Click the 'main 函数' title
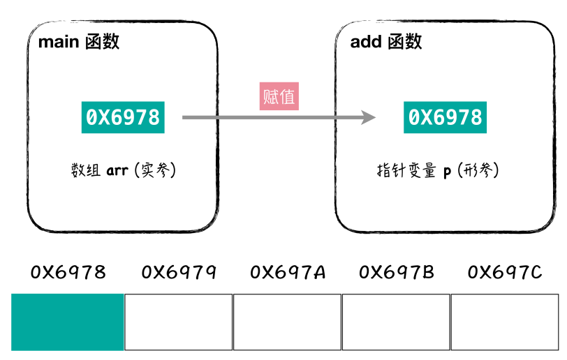(x=78, y=41)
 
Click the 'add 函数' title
(x=385, y=41)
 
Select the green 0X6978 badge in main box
(x=123, y=117)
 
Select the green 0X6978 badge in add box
(x=444, y=117)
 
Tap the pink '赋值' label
(x=279, y=96)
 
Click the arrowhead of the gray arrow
(x=368, y=117)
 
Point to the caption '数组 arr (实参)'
(x=123, y=170)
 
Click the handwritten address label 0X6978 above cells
(x=68, y=271)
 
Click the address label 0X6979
(x=179, y=271)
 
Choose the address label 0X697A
(x=288, y=271)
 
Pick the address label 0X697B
(x=396, y=271)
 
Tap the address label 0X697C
(x=505, y=271)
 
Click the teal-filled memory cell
(x=68, y=322)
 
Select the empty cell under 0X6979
(x=178, y=322)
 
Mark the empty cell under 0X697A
(x=287, y=322)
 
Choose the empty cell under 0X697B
(x=396, y=322)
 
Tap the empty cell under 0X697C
(x=504, y=322)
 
